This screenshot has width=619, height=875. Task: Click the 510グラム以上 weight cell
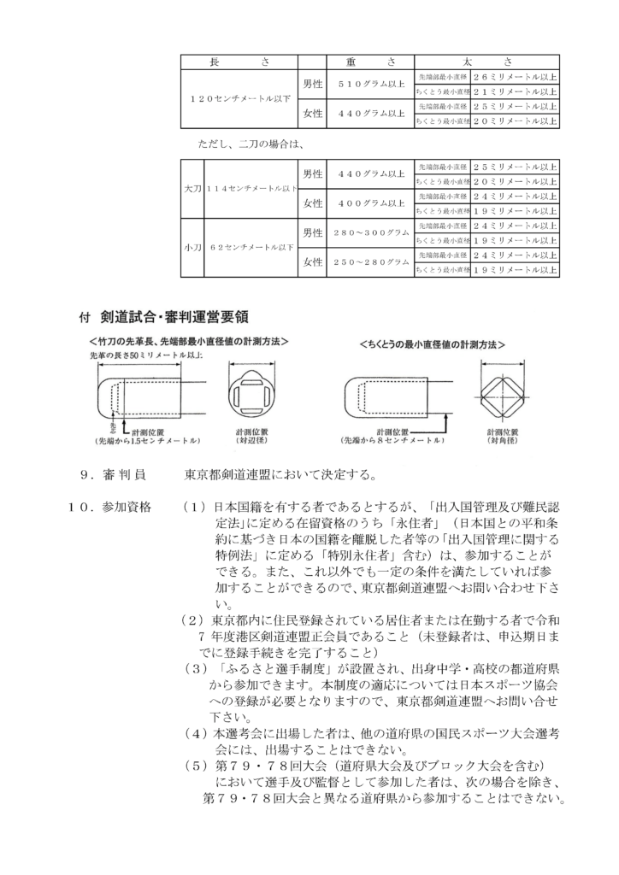click(x=371, y=84)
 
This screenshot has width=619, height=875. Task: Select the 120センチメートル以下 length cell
click(x=239, y=98)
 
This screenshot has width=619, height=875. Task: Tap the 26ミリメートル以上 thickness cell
click(x=515, y=76)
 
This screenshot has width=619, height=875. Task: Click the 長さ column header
click(x=239, y=61)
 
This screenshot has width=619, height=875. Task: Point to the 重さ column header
click(x=370, y=61)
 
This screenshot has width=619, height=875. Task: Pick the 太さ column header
click(x=486, y=61)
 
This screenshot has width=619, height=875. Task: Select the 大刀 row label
click(x=191, y=188)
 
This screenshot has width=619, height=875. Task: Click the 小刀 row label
click(x=191, y=247)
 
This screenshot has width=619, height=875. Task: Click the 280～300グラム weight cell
click(x=371, y=232)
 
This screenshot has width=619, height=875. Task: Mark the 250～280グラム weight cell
click(x=371, y=262)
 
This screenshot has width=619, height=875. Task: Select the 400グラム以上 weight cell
click(x=371, y=203)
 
